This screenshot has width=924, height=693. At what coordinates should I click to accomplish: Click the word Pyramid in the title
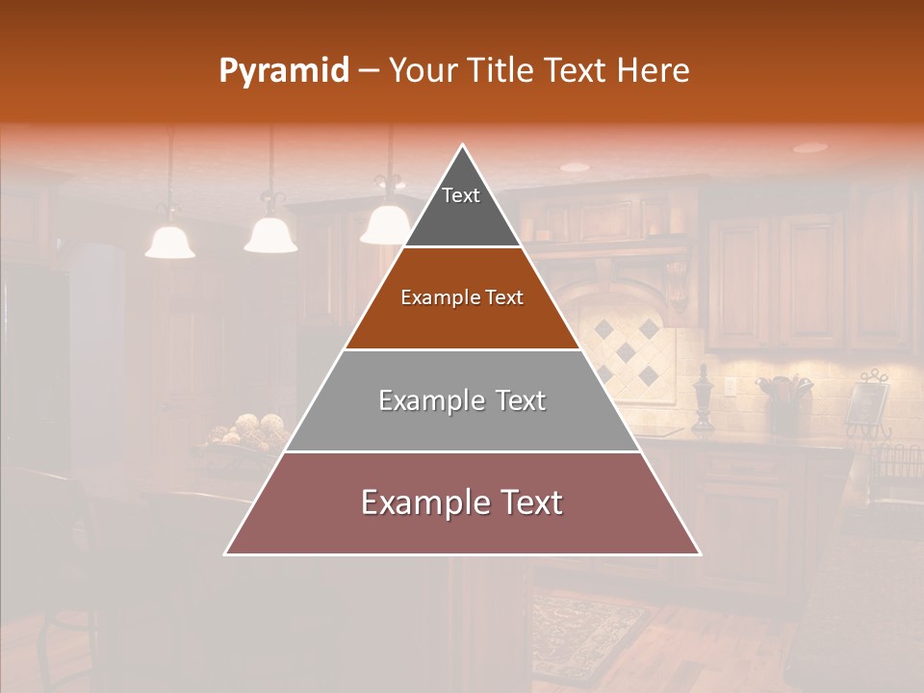pyautogui.click(x=284, y=71)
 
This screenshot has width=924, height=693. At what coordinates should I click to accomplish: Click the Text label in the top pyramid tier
pyautogui.click(x=461, y=195)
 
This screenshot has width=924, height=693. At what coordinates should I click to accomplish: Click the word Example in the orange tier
pyautogui.click(x=433, y=297)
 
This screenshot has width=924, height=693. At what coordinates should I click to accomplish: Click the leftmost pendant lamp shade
pyautogui.click(x=170, y=242)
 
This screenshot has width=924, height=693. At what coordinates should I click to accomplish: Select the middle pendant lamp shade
pyautogui.click(x=270, y=234)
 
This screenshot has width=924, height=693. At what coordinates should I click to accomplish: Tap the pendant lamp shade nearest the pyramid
pyautogui.click(x=384, y=224)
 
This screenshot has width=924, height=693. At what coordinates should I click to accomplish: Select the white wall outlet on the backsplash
pyautogui.click(x=730, y=387)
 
